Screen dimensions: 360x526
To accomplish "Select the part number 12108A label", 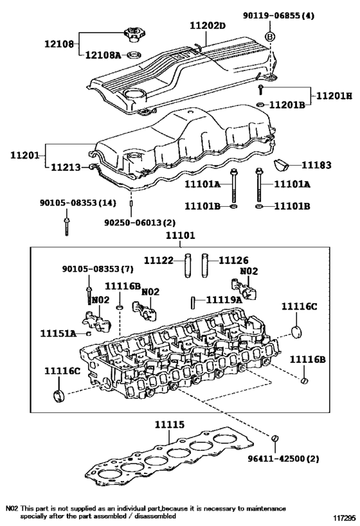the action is tap(102, 55).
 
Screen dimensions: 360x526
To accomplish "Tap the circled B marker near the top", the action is tap(270, 37).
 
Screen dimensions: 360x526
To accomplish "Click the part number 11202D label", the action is tap(208, 26).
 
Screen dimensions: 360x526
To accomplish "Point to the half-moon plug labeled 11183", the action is tap(282, 164).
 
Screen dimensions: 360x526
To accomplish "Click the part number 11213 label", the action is tap(66, 167).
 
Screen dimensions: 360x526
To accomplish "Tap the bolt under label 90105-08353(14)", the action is tap(67, 226).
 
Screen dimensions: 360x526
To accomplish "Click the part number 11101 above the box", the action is tap(180, 236).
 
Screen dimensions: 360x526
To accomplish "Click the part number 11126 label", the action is tap(234, 260).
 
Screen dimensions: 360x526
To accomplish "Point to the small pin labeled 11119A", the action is tap(194, 303).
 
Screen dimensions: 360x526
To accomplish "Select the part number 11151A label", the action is tap(58, 333).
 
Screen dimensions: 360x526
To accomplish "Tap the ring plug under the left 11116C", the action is tap(59, 396).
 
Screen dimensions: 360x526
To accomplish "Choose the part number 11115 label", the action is tap(170, 425).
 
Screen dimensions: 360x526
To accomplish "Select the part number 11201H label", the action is tap(334, 96).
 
